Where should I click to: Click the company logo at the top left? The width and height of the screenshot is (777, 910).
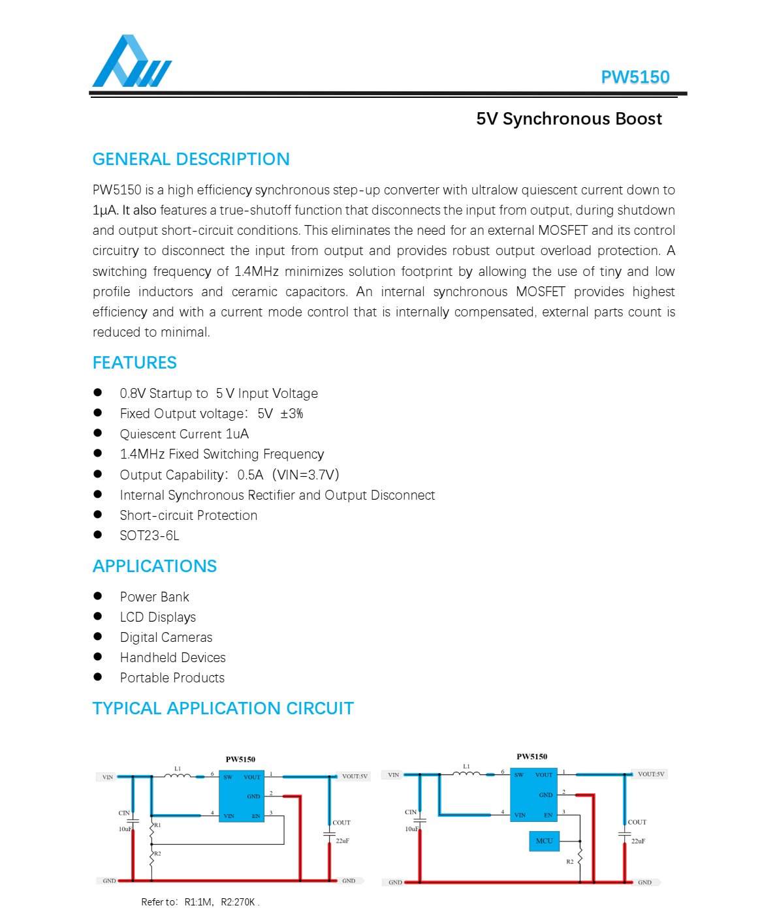[132, 61]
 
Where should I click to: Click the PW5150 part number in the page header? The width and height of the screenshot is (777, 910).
[635, 77]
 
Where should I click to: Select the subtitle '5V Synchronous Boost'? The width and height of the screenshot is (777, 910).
[569, 119]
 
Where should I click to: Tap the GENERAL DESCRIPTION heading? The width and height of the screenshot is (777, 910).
[191, 159]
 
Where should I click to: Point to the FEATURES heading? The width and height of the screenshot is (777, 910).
[135, 363]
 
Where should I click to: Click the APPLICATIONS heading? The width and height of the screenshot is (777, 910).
[155, 566]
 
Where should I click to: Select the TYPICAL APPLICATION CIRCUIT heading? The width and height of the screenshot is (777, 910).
[223, 708]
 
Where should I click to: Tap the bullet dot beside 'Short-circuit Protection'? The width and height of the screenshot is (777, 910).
[98, 514]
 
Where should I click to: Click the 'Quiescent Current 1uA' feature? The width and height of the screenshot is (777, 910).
[184, 434]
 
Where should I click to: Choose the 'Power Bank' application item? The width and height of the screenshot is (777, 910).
[155, 597]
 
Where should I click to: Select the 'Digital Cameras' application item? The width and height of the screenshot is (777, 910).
[166, 637]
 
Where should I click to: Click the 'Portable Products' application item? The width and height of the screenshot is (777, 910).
[172, 678]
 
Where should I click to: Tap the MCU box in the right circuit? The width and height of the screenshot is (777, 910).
[544, 841]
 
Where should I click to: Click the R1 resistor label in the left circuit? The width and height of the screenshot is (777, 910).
[157, 825]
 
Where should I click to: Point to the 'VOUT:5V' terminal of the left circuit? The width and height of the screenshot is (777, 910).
[355, 776]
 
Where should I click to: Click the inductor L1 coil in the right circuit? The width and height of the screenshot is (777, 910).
[466, 774]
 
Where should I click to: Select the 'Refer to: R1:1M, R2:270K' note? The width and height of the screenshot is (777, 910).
[200, 902]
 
